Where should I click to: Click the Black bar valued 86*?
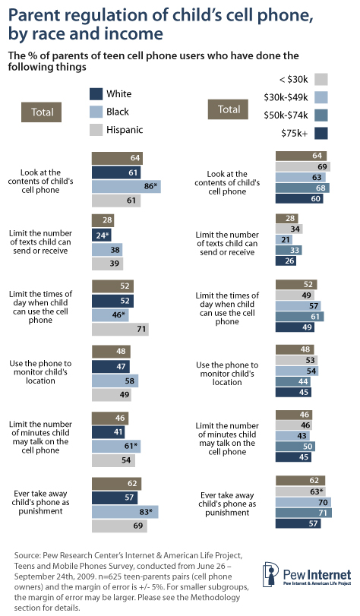(x=126, y=185)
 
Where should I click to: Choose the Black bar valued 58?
(x=114, y=381)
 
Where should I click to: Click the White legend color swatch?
(x=96, y=95)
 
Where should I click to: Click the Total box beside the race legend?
(x=42, y=112)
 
